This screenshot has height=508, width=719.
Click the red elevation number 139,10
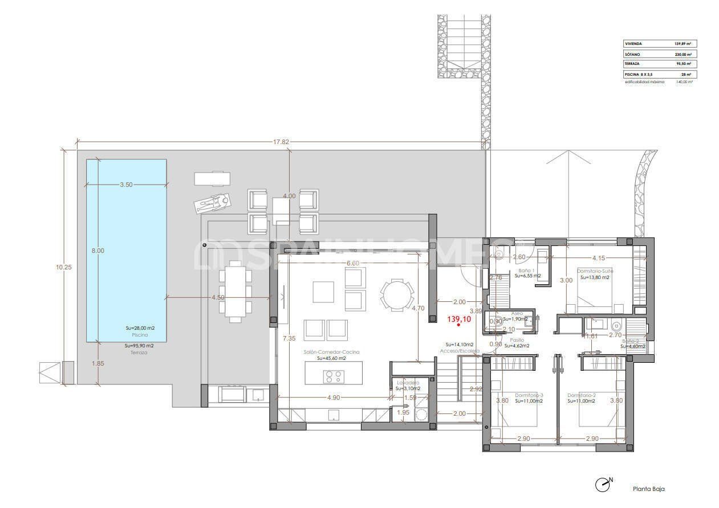tap(459, 320)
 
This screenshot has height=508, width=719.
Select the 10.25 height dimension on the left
tap(68, 267)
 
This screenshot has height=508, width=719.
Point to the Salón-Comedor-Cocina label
tap(332, 352)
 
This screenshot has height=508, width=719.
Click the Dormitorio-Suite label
tap(595, 271)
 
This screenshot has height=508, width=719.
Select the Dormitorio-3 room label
tap(529, 395)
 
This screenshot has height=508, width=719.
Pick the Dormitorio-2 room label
tap(581, 395)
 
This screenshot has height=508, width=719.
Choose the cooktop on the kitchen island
tap(334, 376)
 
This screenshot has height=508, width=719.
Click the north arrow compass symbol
tap(602, 485)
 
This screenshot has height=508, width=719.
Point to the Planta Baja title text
tap(648, 489)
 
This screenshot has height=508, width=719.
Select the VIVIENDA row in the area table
tap(659, 44)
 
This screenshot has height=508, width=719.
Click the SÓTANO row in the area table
tap(659, 54)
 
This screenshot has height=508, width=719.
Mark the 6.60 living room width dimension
tap(353, 263)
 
